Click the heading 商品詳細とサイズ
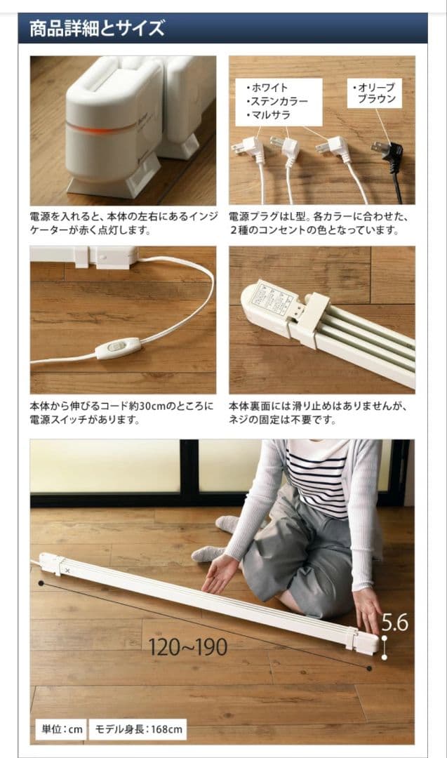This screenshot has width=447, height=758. coord(97,29)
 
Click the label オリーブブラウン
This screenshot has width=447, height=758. coord(375,93)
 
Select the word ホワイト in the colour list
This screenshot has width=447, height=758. coord(267,88)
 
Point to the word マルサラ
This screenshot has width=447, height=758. coord(268,114)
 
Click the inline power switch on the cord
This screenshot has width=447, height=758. coord(118,347)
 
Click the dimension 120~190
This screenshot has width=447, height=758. coord(187,646)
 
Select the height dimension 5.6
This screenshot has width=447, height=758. coord(394,623)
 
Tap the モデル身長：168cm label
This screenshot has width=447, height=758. coord(138,729)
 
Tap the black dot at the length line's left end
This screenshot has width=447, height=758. coord(41,583)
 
